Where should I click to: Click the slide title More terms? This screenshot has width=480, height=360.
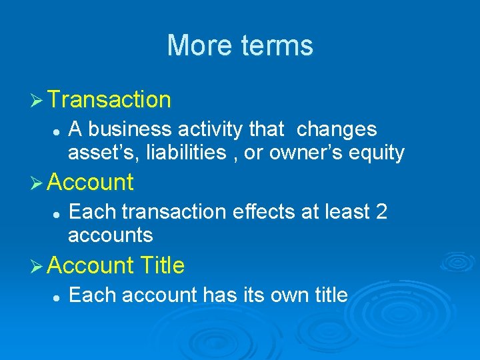pos(240,45)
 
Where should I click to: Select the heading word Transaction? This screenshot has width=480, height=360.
pos(109,100)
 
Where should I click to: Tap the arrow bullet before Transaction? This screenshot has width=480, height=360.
pos(38,100)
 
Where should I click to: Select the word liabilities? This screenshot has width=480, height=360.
pos(183,153)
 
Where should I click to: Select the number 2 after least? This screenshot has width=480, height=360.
pos(381,212)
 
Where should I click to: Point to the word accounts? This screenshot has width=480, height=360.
pos(111,235)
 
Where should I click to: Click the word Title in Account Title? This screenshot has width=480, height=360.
pos(163,265)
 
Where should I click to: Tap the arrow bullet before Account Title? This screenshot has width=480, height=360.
pos(38,265)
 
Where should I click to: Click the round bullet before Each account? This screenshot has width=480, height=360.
pos(57,295)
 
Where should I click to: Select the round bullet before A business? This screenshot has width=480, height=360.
pos(57,130)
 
